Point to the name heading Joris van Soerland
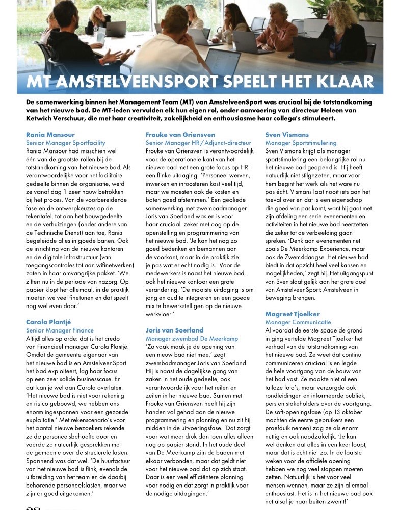pyautogui.click(x=174, y=330)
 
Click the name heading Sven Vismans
pyautogui.click(x=287, y=135)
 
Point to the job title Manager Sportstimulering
pyautogui.click(x=301, y=143)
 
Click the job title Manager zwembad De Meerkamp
pyautogui.click(x=190, y=338)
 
